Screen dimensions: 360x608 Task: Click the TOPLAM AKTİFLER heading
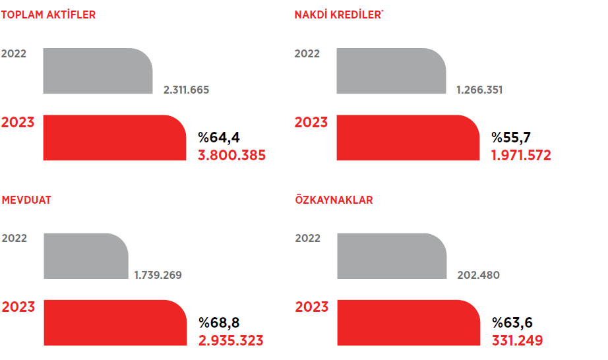pyautogui.click(x=49, y=15)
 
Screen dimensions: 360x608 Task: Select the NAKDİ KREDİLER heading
pyautogui.click(x=338, y=15)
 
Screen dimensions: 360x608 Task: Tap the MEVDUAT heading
pyautogui.click(x=26, y=200)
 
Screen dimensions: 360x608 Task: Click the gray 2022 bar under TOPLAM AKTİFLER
pyautogui.click(x=97, y=71)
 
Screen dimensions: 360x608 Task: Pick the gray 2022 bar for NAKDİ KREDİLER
pyautogui.click(x=390, y=71)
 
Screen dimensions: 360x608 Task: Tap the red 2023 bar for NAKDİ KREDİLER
pyautogui.click(x=408, y=137)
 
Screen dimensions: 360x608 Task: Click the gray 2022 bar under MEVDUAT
pyautogui.click(x=85, y=256)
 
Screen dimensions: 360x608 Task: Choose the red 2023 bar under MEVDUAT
pyautogui.click(x=114, y=322)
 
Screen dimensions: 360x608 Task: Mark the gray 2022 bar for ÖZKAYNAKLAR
pyautogui.click(x=391, y=256)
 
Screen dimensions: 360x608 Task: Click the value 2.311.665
pyautogui.click(x=186, y=90)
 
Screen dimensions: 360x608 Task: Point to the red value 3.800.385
pyautogui.click(x=231, y=156)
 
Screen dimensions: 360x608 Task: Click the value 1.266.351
pyautogui.click(x=479, y=90)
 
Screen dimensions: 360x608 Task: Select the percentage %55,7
pyautogui.click(x=512, y=138)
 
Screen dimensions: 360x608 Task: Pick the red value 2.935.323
pyautogui.click(x=231, y=341)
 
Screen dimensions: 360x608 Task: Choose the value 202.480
pyautogui.click(x=478, y=275)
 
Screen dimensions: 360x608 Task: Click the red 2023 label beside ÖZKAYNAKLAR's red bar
pyautogui.click(x=311, y=307)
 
